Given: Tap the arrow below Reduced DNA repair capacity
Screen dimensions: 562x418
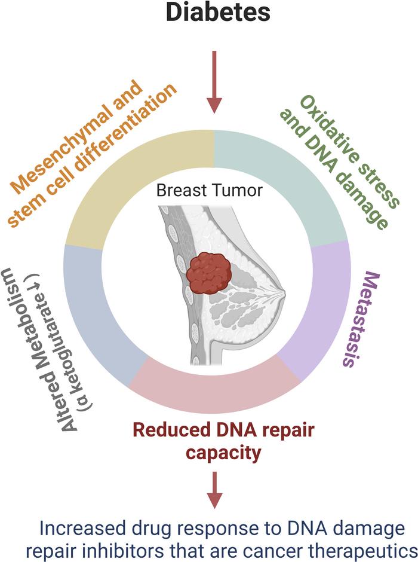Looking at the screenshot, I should [214, 490].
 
